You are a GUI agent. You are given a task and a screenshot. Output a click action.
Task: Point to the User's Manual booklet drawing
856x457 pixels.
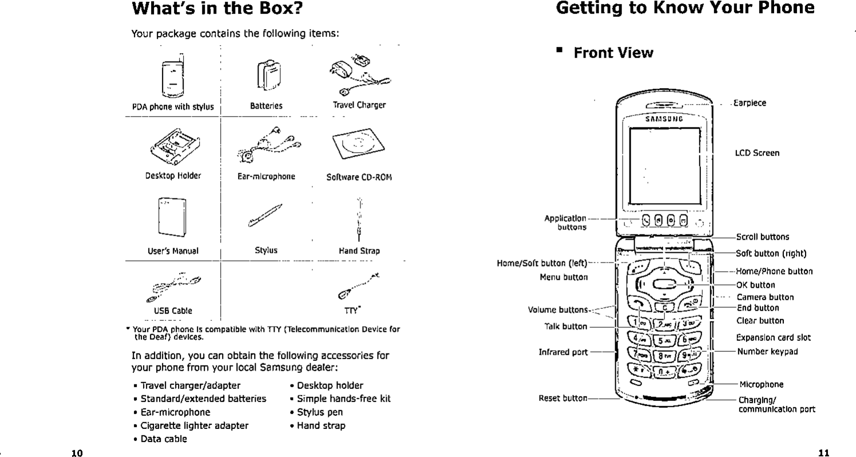172,217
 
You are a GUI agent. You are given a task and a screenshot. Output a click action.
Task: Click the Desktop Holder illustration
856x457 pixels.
173,145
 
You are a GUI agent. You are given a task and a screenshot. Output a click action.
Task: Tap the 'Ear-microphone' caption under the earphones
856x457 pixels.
266,177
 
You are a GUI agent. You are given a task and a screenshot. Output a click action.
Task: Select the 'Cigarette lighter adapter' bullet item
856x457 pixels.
195,426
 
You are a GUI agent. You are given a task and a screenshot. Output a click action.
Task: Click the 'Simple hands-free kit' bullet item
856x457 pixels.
343,399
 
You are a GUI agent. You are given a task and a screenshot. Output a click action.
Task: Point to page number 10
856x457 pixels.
77,454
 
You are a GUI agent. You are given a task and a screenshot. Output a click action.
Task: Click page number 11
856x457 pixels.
823,454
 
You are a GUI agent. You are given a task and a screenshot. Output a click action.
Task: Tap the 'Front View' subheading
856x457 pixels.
613,53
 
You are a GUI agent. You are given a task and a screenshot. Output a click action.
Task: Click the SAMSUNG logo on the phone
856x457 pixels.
664,120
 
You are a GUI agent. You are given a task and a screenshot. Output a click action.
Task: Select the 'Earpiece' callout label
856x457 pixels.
750,103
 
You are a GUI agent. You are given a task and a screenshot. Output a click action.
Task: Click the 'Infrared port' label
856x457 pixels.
563,352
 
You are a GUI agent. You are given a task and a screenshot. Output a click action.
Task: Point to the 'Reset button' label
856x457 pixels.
562,398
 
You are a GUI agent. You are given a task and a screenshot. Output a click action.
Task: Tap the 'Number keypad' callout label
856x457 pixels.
767,351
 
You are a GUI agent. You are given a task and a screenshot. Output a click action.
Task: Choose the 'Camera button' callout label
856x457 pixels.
764,297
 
